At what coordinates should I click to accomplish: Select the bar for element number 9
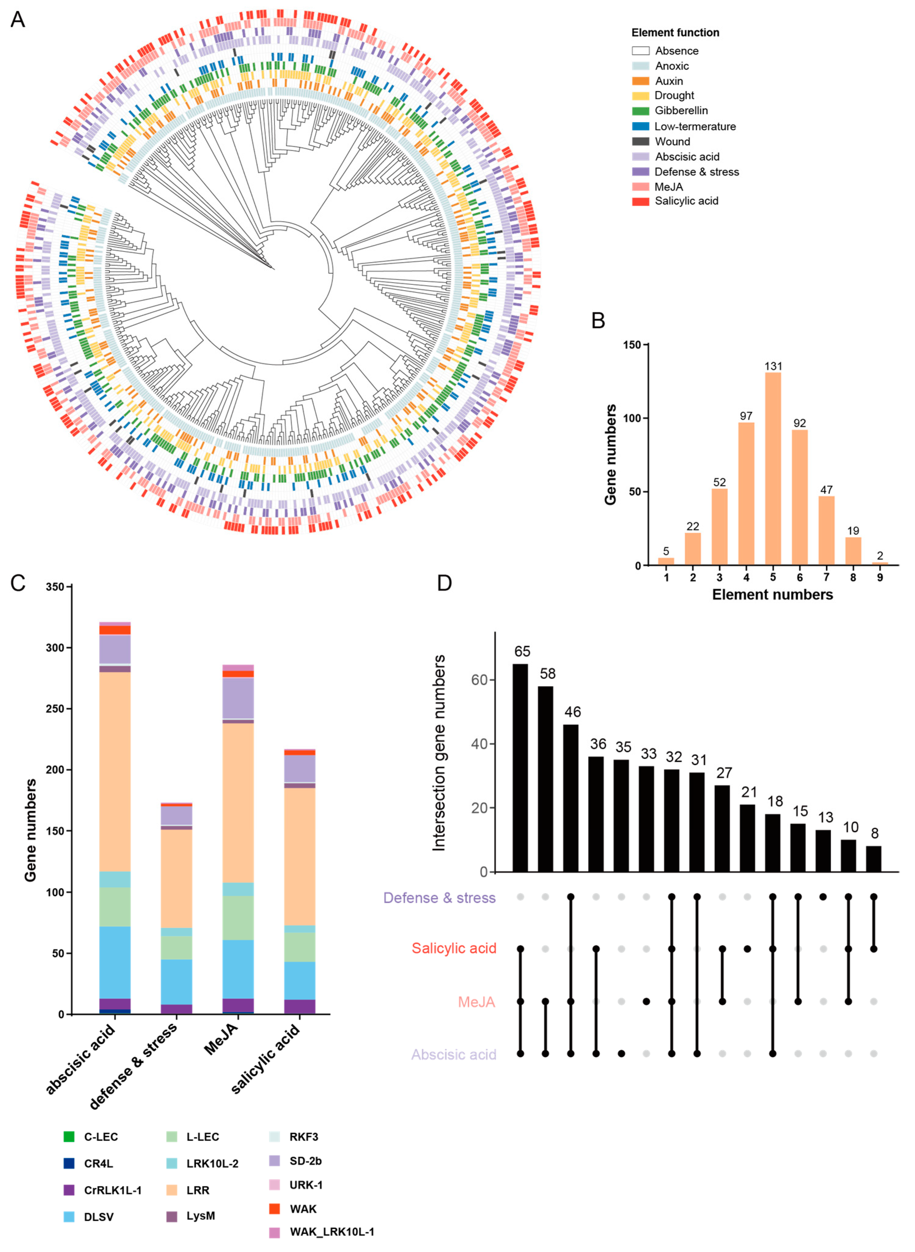pos(880,564)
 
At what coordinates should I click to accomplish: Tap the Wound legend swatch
pos(640,141)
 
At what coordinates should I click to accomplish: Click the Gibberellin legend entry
pos(681,111)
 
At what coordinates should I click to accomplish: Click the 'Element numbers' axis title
pos(772,595)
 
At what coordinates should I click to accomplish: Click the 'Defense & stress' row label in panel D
pos(439,898)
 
